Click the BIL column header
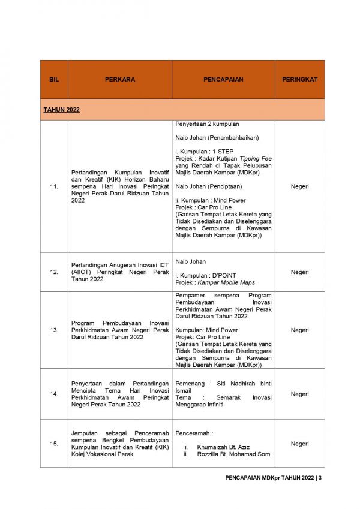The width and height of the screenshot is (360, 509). (x=54, y=79)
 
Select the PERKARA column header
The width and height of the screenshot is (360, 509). (x=120, y=79)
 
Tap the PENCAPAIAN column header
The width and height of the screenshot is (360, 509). (x=223, y=79)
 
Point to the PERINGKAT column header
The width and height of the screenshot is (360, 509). (x=299, y=79)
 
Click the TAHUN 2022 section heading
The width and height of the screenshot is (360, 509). (x=61, y=110)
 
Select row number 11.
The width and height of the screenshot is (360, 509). (x=54, y=187)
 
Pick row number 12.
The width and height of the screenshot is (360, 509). (x=54, y=272)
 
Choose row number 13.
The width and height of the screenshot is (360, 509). (x=54, y=330)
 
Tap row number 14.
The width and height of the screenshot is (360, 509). (x=54, y=394)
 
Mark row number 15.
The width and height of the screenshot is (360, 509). (x=54, y=444)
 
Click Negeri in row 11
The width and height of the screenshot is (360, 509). (x=299, y=187)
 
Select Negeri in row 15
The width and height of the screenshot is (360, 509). (x=299, y=444)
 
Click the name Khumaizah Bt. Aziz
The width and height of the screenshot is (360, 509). (x=223, y=447)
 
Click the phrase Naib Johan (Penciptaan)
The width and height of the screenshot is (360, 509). (x=208, y=186)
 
